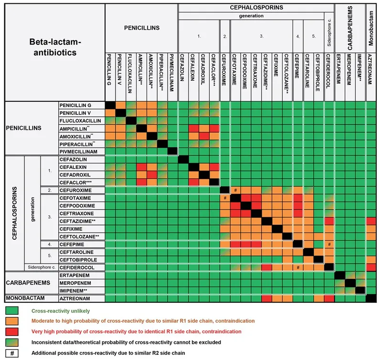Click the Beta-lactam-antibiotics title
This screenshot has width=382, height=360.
[55, 47]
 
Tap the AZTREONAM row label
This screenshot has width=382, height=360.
[75, 298]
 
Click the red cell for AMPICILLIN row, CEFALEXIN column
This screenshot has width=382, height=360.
[194, 128]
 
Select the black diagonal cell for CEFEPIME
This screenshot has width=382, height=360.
[298, 244]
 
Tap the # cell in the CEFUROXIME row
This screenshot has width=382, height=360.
[235, 190]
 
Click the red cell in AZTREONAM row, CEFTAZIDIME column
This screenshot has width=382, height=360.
[266, 298]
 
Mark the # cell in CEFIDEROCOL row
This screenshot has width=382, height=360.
[298, 267]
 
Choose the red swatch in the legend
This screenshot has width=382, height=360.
[12, 331]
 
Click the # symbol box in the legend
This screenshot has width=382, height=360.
[12, 353]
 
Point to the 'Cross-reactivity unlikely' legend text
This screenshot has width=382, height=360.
[61, 311]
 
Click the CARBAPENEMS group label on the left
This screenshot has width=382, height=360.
[28, 283]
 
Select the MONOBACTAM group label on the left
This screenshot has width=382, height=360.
[25, 298]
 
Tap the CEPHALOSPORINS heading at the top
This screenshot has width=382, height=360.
[256, 8]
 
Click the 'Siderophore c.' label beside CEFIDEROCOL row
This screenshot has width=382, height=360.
[42, 267]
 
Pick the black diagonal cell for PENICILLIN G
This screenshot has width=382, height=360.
[110, 105]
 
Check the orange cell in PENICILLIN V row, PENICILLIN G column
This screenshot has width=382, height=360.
[110, 113]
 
